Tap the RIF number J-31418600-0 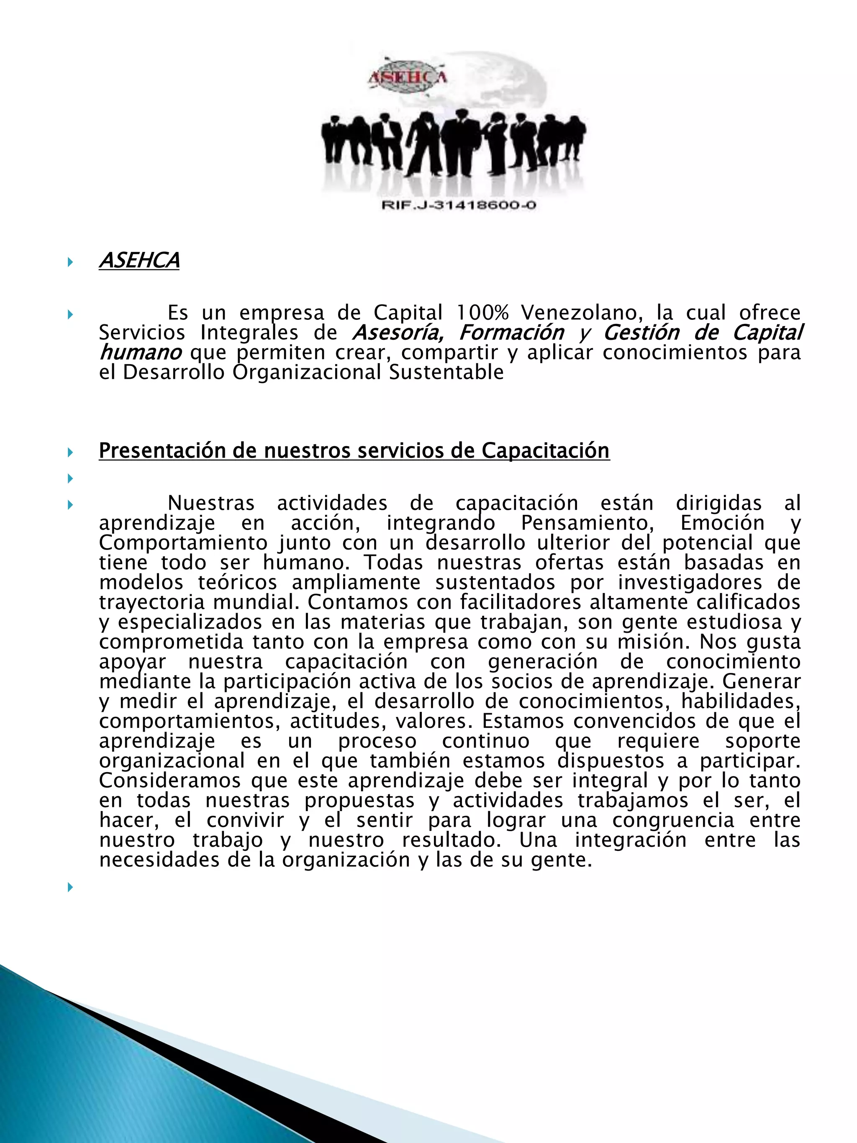pyautogui.click(x=459, y=205)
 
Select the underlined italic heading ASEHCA pyautogui.click(x=139, y=260)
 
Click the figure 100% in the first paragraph pyautogui.click(x=482, y=313)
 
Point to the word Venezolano pyautogui.click(x=581, y=313)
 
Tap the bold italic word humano pyautogui.click(x=140, y=352)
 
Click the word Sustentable pyautogui.click(x=446, y=372)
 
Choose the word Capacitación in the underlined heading pyautogui.click(x=546, y=451)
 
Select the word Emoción pyautogui.click(x=722, y=523)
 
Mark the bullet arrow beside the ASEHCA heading pyautogui.click(x=70, y=262)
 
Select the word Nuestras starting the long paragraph pyautogui.click(x=211, y=503)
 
